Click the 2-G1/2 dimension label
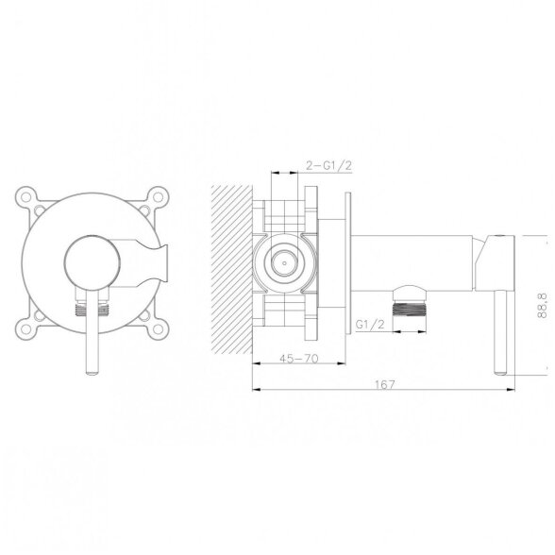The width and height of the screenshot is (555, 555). tap(328, 165)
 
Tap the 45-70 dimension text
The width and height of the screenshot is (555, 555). tap(298, 359)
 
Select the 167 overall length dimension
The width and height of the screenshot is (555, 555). tap(384, 384)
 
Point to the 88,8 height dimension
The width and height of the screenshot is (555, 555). tap(542, 306)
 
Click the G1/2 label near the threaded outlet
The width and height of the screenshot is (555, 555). tap(370, 325)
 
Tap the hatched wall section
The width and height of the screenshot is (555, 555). tap(231, 269)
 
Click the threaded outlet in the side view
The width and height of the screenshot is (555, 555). tap(410, 309)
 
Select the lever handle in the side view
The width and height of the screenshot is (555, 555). tap(500, 332)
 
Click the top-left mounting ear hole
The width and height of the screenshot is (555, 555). tap(26, 196)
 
